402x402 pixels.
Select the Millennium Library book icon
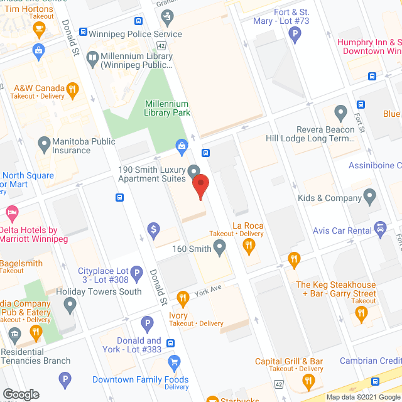[92, 58]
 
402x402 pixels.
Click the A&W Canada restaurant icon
[73, 89]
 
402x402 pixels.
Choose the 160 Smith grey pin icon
[219, 249]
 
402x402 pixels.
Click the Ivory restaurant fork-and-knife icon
[183, 298]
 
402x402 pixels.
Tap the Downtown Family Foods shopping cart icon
[175, 361]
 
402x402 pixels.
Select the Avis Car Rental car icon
[379, 228]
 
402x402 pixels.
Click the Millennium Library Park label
[167, 108]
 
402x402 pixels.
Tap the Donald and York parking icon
[148, 324]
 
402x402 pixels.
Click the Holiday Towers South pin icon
[70, 306]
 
